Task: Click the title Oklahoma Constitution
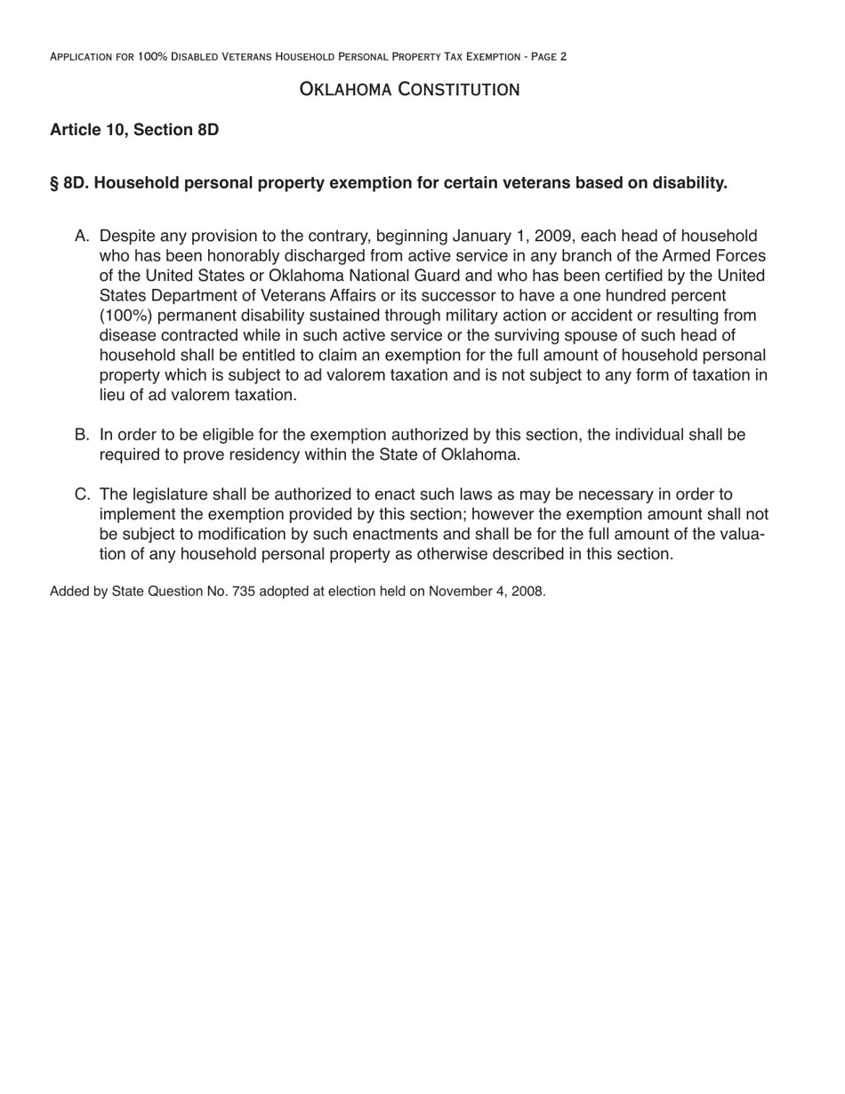[x=409, y=89]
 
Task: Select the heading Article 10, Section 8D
[x=134, y=130]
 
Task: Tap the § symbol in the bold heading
[x=54, y=183]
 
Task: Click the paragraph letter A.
[x=82, y=237]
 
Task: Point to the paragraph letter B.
[x=82, y=435]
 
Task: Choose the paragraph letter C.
[x=82, y=495]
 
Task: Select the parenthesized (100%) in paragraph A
[x=125, y=316]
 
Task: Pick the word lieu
[x=113, y=395]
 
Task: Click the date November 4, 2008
[x=487, y=591]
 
